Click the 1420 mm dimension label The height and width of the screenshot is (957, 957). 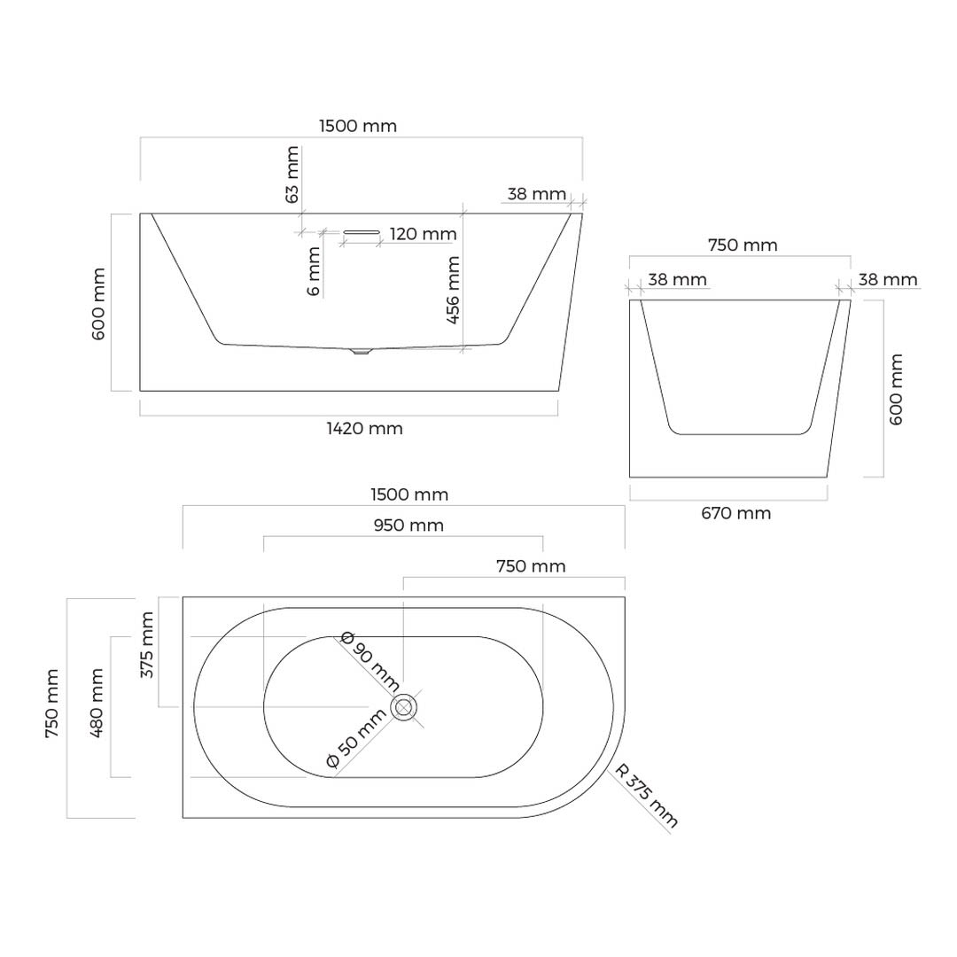click(364, 429)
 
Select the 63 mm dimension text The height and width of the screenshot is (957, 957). click(292, 175)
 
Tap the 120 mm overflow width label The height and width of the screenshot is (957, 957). click(423, 234)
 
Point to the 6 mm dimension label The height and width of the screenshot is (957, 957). click(314, 271)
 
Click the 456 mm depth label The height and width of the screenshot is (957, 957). click(453, 290)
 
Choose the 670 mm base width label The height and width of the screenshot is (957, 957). click(736, 513)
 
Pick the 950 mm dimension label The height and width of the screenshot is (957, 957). click(408, 525)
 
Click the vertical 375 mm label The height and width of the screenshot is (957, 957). click(147, 645)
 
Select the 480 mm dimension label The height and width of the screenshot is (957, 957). click(97, 703)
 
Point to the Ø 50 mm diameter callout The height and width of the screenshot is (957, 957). click(356, 738)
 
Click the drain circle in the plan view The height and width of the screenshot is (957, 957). click(403, 708)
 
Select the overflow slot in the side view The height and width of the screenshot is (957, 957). click(362, 232)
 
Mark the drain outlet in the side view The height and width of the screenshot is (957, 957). click(362, 352)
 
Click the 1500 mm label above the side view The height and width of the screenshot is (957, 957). click(358, 127)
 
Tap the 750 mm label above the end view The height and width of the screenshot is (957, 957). click(743, 245)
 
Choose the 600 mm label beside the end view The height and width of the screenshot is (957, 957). click(896, 389)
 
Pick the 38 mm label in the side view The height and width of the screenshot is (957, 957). click(536, 194)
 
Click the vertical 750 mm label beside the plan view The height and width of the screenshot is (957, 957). click(52, 703)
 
